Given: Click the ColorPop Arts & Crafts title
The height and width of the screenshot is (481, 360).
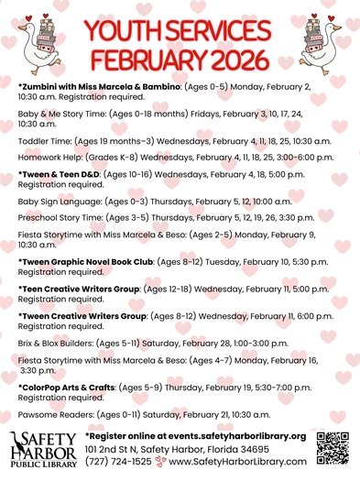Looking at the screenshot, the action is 67,388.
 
